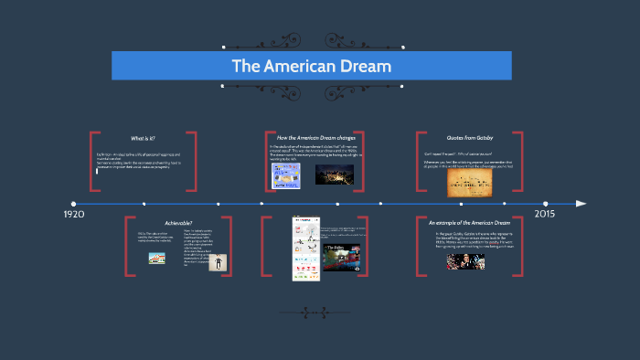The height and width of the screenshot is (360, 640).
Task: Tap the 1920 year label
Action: tap(74, 214)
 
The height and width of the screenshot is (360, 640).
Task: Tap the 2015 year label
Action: tap(545, 214)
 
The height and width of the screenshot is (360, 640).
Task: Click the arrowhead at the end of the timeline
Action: tap(581, 203)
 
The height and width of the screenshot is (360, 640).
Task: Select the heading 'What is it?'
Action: tap(144, 137)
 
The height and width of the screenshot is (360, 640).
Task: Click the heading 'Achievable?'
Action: tap(178, 222)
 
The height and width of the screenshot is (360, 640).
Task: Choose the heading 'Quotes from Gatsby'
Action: tap(471, 137)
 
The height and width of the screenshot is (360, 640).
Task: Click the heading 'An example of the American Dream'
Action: tap(470, 222)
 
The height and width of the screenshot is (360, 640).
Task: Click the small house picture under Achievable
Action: tap(156, 259)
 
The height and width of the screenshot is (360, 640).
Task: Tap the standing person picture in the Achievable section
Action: tap(219, 261)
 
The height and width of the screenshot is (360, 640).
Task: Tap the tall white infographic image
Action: tap(304, 248)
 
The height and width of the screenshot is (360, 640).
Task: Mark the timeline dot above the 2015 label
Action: tap(546, 203)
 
